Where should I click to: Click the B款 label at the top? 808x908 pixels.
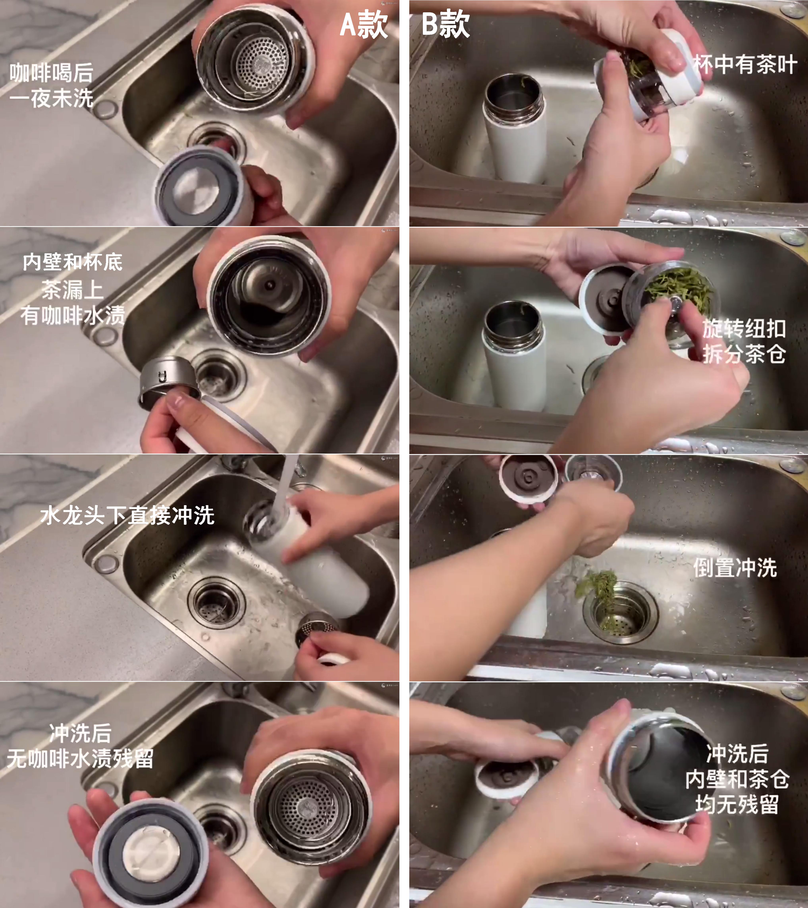445,24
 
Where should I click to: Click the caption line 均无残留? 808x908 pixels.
737,804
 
